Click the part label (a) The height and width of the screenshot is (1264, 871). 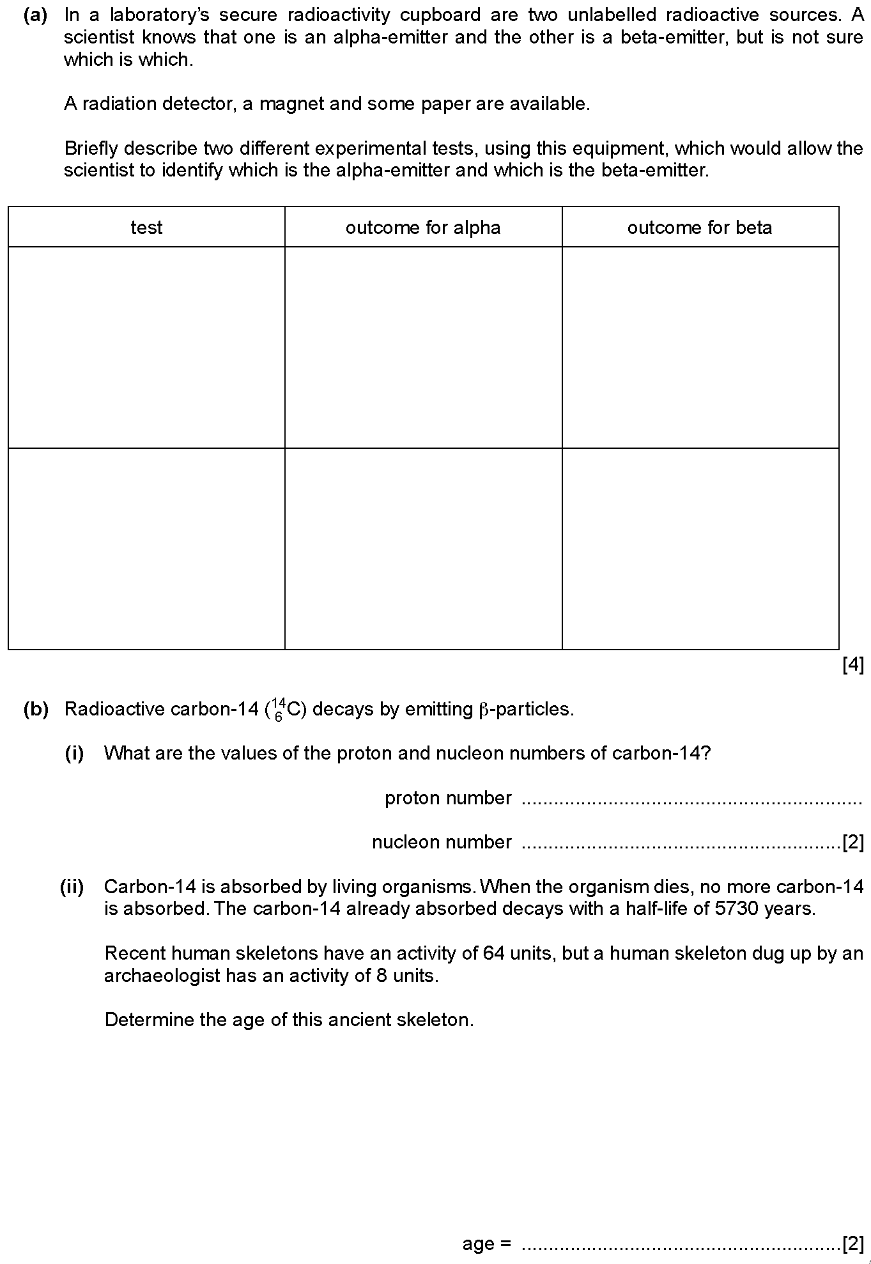pyautogui.click(x=36, y=15)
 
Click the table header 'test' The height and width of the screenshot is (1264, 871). pyautogui.click(x=146, y=228)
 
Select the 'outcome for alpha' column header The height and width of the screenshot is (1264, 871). pyautogui.click(x=423, y=228)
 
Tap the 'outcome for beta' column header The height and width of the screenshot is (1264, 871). pyautogui.click(x=700, y=228)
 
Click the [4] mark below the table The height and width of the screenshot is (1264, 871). pyautogui.click(x=853, y=666)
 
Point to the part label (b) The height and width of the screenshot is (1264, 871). pyautogui.click(x=36, y=709)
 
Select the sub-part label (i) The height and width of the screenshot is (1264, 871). pyautogui.click(x=75, y=753)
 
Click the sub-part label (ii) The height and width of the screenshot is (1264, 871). pyautogui.click(x=72, y=887)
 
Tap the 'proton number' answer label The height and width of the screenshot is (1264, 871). pyautogui.click(x=448, y=798)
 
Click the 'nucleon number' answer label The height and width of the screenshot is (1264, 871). pyautogui.click(x=442, y=842)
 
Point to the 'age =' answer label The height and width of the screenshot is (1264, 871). pyautogui.click(x=486, y=1244)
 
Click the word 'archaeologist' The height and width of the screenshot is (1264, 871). pyautogui.click(x=163, y=976)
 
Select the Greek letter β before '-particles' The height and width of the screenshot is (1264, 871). pyautogui.click(x=483, y=710)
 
